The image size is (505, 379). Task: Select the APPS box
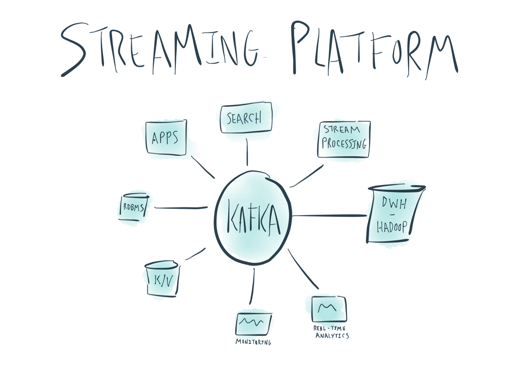pos(166,137)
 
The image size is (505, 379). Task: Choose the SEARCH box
pos(246,118)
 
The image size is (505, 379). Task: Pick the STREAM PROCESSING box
pos(344,139)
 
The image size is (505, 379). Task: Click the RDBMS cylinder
pos(134,207)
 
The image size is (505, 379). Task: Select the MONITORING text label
pos(253,342)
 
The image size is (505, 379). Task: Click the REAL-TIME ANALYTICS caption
pos(331,332)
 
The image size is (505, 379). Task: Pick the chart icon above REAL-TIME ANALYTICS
pos(328,308)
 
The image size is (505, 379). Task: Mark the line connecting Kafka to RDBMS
pos(181,207)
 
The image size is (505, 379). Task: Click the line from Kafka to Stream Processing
pos(307,176)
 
